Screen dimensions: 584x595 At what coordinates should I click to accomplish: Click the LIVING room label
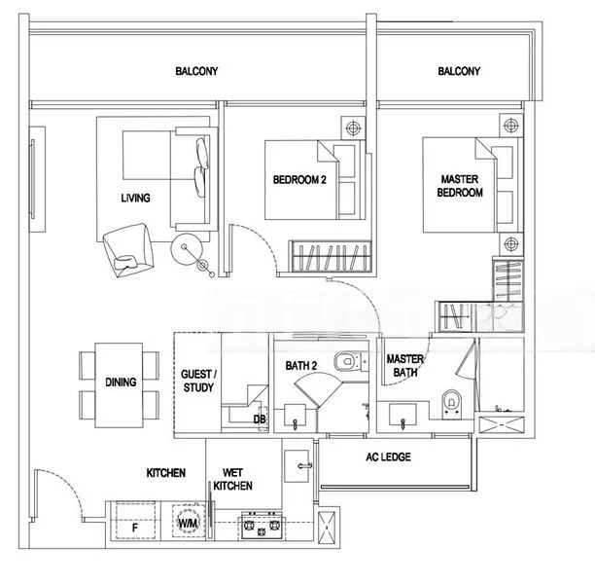click(x=135, y=199)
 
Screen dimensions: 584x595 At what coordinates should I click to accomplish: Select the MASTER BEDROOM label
click(x=461, y=186)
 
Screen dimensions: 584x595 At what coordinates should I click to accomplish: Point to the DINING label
click(x=121, y=383)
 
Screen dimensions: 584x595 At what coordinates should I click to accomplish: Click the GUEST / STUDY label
click(x=200, y=381)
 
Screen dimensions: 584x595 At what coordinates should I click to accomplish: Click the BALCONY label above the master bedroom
click(x=459, y=71)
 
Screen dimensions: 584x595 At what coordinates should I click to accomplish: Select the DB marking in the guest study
click(x=260, y=420)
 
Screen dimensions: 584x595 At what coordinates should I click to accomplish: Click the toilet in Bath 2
click(x=344, y=362)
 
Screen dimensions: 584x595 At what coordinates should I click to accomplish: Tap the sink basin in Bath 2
click(x=296, y=419)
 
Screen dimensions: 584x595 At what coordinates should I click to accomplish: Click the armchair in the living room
click(x=127, y=246)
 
